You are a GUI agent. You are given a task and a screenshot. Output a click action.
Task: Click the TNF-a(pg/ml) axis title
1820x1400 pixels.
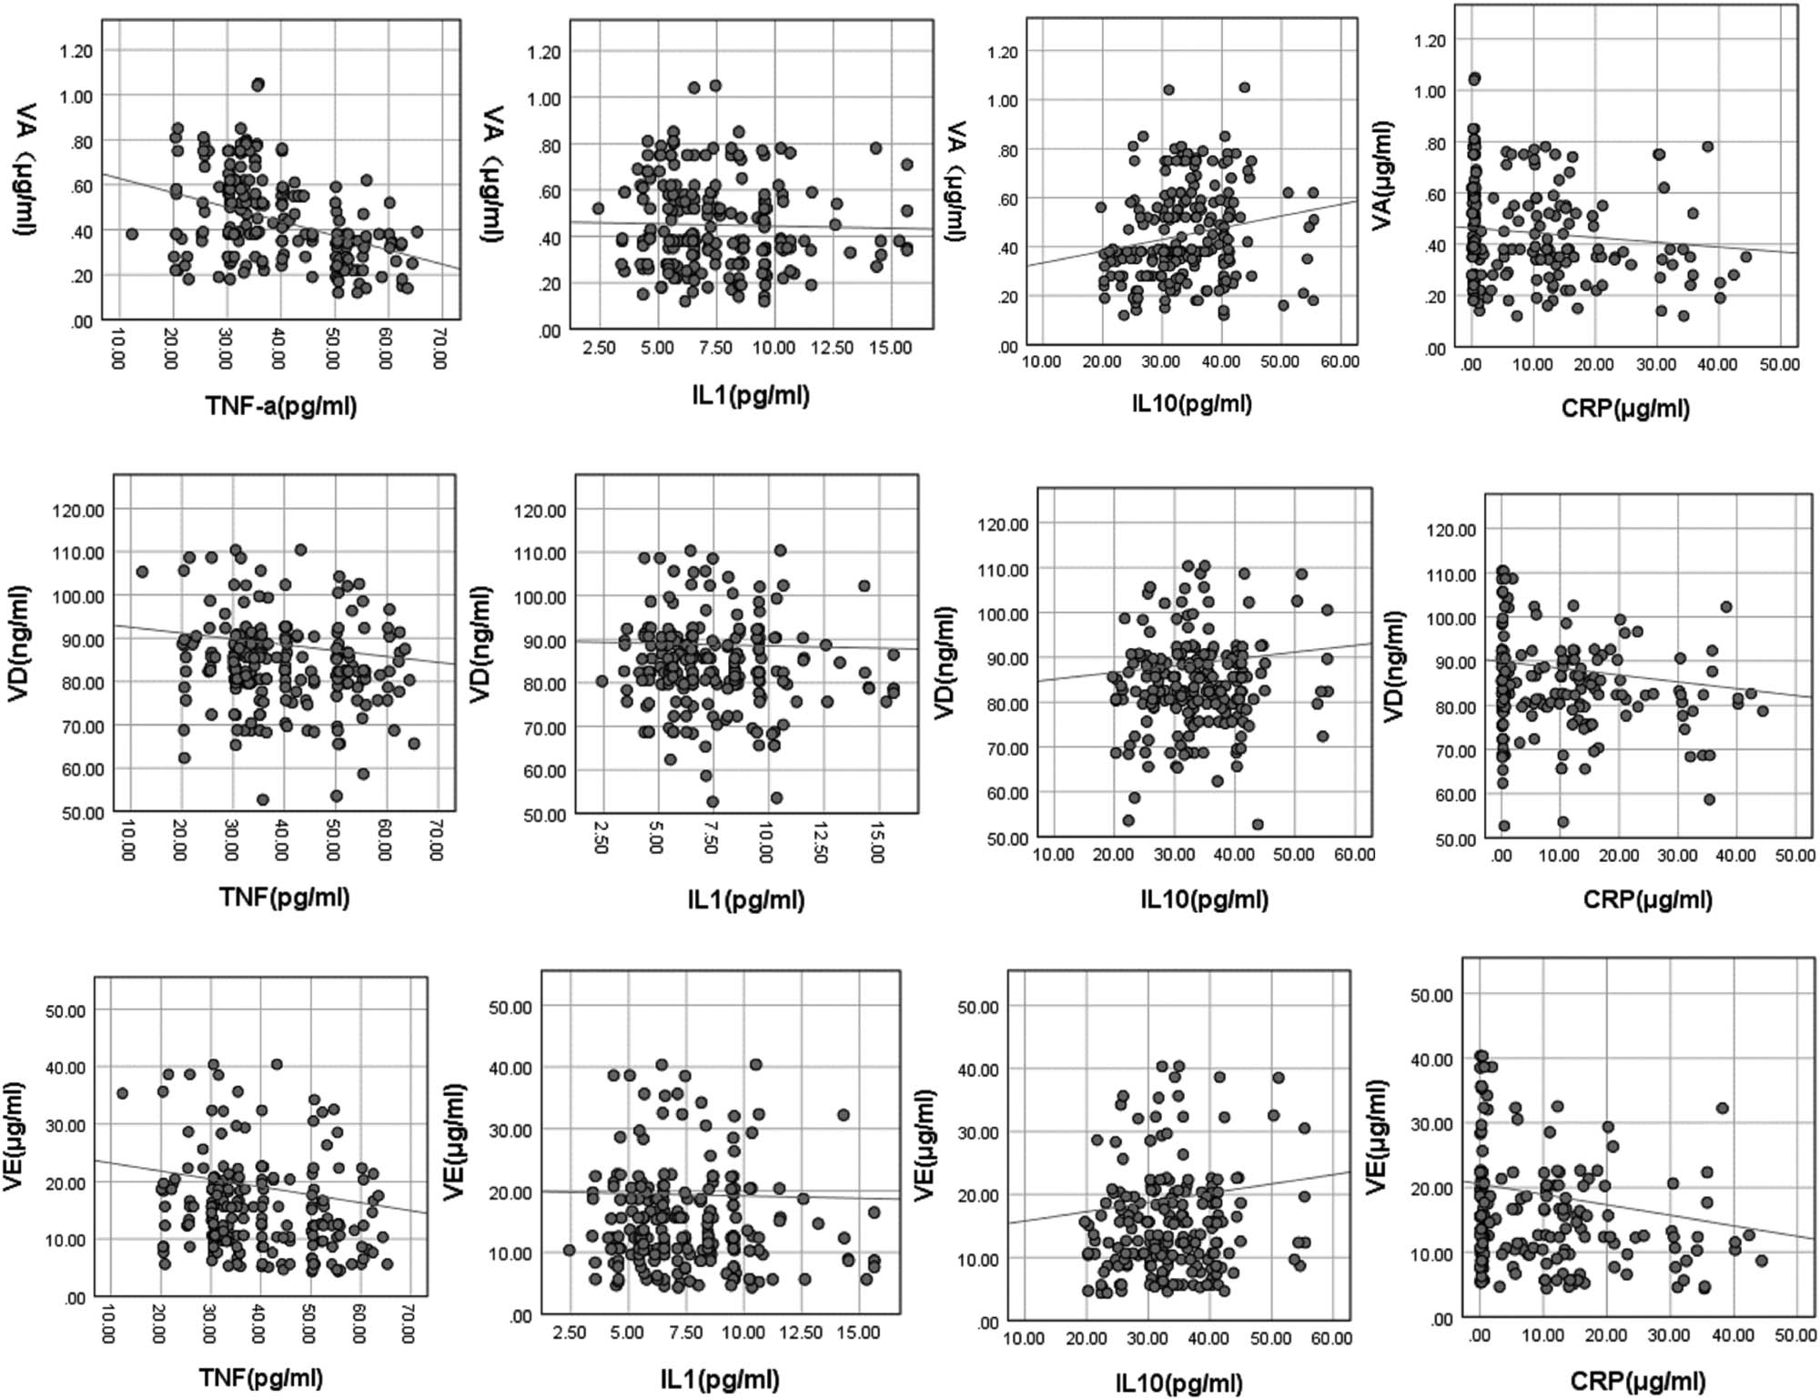pyautogui.click(x=281, y=406)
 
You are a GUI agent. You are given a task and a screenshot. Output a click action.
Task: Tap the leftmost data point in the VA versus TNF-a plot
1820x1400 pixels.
pyautogui.click(x=132, y=234)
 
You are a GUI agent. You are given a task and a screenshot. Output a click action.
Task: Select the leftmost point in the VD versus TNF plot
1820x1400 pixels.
pyautogui.click(x=142, y=572)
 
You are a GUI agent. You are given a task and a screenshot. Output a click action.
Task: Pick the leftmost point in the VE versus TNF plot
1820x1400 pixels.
pyautogui.click(x=123, y=1093)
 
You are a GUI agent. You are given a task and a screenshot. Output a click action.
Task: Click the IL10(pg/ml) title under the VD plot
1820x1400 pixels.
pyautogui.click(x=1204, y=899)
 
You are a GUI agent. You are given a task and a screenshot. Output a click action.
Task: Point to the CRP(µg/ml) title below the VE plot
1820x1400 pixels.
pyautogui.click(x=1638, y=1380)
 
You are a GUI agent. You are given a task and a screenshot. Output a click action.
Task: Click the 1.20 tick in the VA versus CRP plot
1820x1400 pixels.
pyautogui.click(x=1428, y=40)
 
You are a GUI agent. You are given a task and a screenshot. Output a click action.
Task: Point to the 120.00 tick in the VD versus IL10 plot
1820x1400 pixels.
pyautogui.click(x=1002, y=524)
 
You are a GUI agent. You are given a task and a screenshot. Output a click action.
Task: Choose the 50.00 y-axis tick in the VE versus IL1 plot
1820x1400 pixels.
pyautogui.click(x=510, y=1007)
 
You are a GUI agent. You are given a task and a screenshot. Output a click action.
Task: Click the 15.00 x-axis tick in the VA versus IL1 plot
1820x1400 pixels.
pyautogui.click(x=890, y=348)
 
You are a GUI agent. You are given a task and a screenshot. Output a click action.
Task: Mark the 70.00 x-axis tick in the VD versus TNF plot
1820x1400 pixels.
pyautogui.click(x=436, y=838)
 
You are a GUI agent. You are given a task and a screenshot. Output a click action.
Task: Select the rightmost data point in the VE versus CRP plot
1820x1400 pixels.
pyautogui.click(x=1762, y=1261)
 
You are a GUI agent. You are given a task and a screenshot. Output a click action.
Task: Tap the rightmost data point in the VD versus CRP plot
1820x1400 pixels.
pyautogui.click(x=1763, y=711)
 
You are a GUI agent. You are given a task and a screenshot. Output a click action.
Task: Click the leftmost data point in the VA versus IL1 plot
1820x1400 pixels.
pyautogui.click(x=598, y=208)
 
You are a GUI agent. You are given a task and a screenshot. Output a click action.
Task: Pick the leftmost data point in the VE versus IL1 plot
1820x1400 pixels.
pyautogui.click(x=570, y=1250)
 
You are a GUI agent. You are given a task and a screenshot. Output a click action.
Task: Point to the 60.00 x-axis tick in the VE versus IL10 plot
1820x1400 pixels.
pyautogui.click(x=1331, y=1339)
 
